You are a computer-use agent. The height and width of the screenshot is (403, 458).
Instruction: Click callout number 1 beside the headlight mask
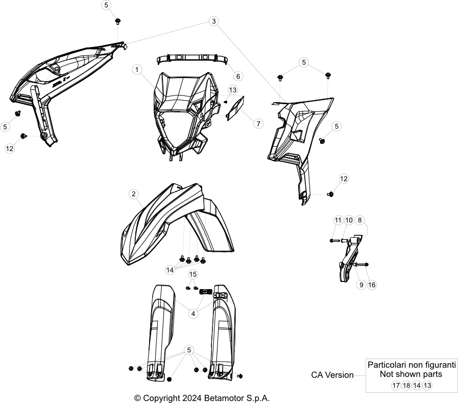pos(137,69)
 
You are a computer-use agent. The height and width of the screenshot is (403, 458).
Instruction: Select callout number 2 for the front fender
pos(133,194)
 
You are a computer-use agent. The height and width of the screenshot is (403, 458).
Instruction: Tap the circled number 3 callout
pos(214,21)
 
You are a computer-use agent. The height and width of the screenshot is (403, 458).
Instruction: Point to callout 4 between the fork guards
pos(193,314)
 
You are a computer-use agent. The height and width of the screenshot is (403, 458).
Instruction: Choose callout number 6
pos(238,76)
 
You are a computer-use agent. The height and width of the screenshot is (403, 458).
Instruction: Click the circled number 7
pos(258,124)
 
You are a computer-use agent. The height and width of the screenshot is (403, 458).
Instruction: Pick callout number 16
pos(372,285)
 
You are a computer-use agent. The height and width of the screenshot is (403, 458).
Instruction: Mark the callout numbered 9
pos(361,285)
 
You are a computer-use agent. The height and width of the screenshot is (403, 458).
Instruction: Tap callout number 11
pos(338,220)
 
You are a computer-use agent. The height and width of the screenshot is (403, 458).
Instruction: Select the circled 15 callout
pos(193,274)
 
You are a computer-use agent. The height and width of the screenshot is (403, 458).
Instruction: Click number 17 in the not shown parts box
pos(396,385)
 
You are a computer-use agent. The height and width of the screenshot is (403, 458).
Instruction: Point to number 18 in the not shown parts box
pos(406,385)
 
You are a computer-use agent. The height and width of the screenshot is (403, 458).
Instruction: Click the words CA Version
pos(332,375)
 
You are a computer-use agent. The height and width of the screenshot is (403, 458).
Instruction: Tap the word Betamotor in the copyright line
pos(223,398)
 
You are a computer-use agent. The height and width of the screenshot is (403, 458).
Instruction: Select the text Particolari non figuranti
pos(412,365)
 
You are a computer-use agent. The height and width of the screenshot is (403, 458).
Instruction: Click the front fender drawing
pos(175,224)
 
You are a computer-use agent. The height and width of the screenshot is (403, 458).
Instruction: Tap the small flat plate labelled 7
pos(235,108)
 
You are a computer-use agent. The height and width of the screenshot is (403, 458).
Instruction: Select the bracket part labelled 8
pos(350,257)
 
